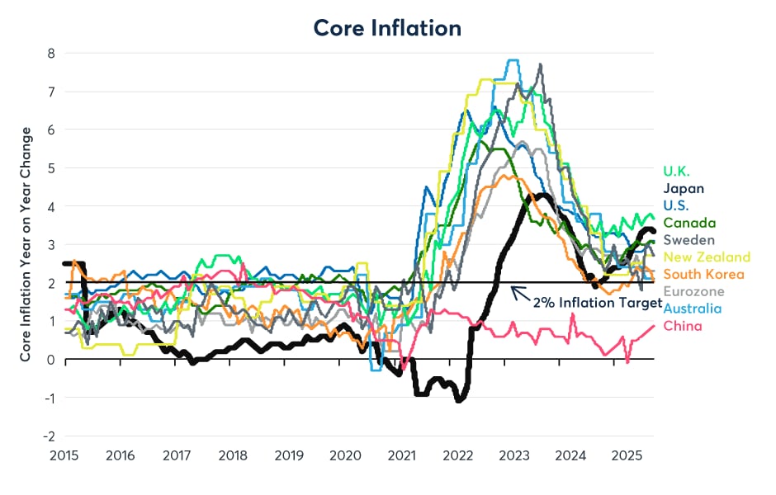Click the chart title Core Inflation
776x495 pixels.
coord(387,27)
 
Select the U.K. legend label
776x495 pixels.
coord(678,172)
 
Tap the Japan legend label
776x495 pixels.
coord(684,188)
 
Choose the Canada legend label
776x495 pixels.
coord(689,223)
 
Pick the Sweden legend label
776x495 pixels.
coord(689,240)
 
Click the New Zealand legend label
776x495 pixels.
coord(707,257)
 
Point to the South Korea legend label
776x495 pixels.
coord(703,274)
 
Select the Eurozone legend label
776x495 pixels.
coord(693,291)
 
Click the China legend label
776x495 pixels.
coord(683,326)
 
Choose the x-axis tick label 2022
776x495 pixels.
coord(457,455)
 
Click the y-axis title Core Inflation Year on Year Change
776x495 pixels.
coord(26,243)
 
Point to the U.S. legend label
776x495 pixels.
coord(676,205)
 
